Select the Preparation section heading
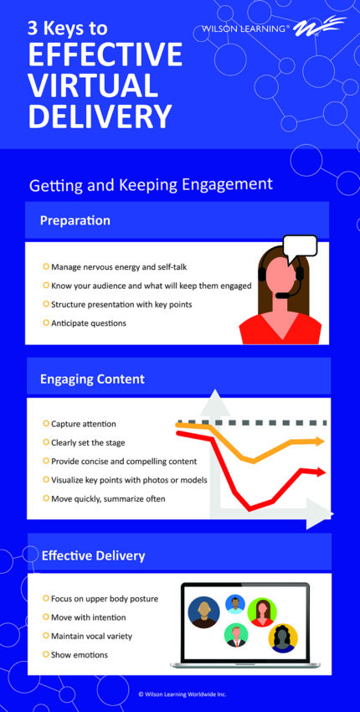(75, 221)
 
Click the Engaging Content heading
(92, 379)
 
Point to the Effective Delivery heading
(93, 555)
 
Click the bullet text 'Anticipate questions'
(89, 322)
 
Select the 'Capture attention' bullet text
(83, 424)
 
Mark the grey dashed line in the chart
(251, 422)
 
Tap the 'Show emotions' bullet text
(79, 654)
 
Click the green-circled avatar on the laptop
(262, 611)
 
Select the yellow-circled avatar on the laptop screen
(283, 638)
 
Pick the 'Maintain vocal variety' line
(91, 636)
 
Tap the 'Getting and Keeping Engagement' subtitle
(151, 184)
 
